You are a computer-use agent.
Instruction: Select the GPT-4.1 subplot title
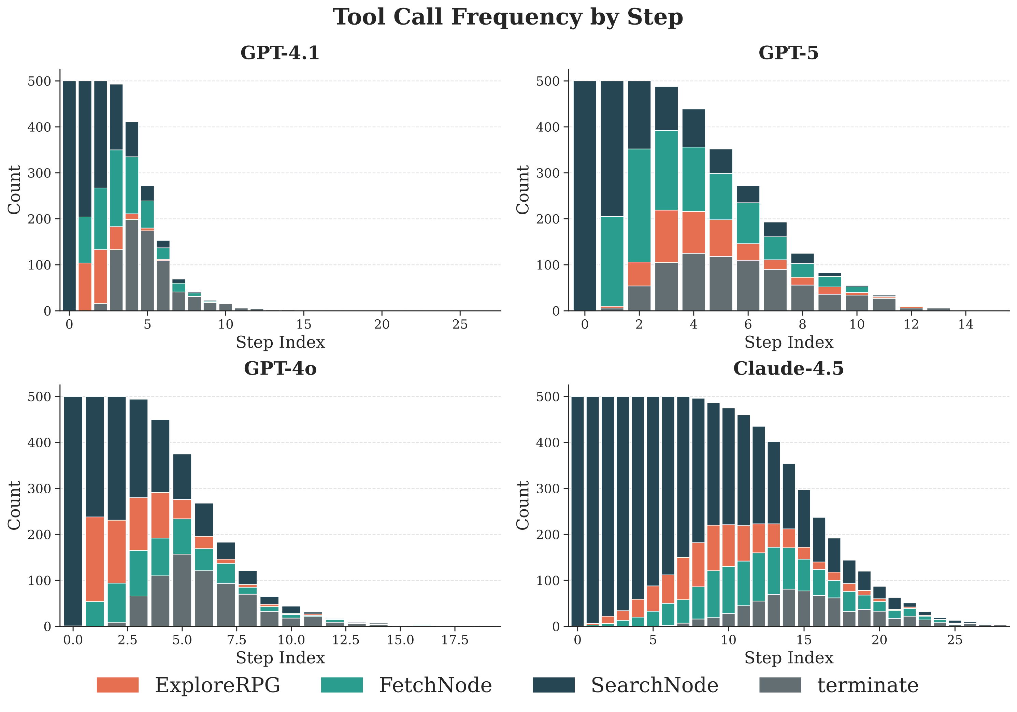(280, 53)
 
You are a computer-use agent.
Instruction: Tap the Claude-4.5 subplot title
(788, 368)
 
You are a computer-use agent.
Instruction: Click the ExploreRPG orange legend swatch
(117, 685)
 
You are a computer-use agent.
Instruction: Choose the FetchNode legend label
(435, 685)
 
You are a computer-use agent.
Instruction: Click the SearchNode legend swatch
(553, 685)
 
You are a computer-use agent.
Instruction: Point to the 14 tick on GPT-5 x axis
(965, 324)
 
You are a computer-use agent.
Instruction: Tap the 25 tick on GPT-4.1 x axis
(460, 324)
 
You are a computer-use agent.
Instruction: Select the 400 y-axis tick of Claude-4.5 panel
(548, 442)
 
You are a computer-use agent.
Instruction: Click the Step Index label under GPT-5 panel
(788, 342)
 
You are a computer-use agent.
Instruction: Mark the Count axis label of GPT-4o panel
(15, 505)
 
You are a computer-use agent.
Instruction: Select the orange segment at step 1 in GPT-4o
(95, 559)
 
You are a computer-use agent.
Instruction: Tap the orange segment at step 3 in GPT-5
(666, 236)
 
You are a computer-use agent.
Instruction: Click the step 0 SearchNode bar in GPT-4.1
(69, 195)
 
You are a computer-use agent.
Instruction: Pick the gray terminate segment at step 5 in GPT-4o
(182, 590)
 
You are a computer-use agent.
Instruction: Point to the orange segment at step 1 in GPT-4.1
(85, 287)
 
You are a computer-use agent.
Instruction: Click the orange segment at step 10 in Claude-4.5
(728, 546)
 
